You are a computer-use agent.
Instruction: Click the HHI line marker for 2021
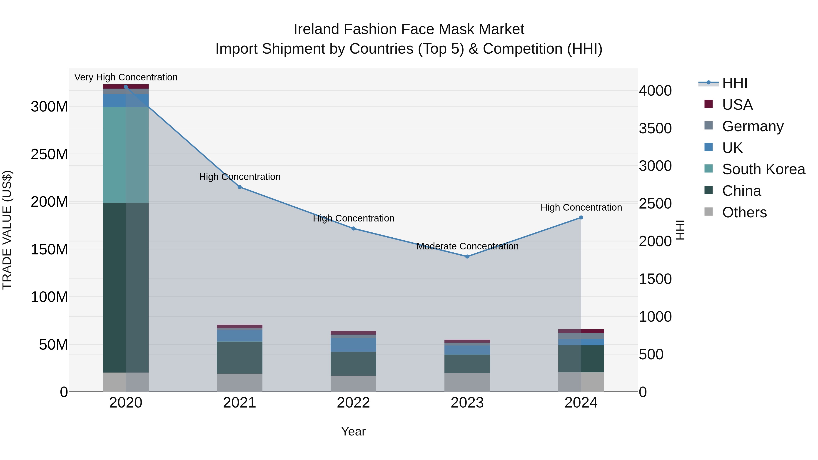(x=239, y=187)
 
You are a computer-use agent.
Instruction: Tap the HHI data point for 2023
(x=467, y=256)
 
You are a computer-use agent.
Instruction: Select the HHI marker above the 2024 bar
(x=581, y=217)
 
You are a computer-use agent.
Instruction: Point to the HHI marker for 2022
(x=353, y=229)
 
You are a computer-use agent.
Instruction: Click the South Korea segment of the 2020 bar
(x=126, y=155)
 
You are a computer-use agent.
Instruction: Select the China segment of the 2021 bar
(x=239, y=358)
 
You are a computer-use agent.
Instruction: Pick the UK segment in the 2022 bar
(x=353, y=345)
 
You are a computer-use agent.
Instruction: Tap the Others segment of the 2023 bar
(x=467, y=382)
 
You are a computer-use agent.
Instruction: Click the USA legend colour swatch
(x=708, y=104)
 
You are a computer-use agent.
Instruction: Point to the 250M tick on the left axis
(x=49, y=154)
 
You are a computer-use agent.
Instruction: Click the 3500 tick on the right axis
(x=655, y=128)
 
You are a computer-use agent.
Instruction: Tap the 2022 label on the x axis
(x=353, y=403)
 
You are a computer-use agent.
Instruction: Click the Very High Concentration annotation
(x=126, y=77)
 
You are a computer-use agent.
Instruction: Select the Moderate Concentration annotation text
(x=467, y=246)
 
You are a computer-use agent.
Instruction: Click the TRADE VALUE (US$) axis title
(x=7, y=230)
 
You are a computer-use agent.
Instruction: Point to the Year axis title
(x=353, y=431)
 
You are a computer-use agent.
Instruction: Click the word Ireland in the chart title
(x=316, y=29)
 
